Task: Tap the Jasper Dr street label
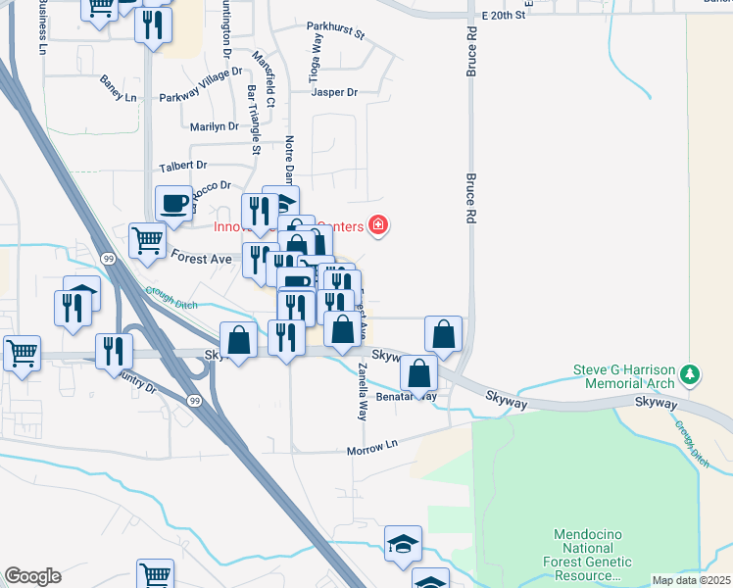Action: point(334,92)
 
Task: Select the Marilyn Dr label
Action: point(214,126)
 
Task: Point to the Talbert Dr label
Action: point(183,166)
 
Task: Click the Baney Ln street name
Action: point(118,89)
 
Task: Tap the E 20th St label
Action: point(505,17)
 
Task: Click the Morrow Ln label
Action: point(372,450)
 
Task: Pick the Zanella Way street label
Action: point(363,392)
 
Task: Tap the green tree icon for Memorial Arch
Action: point(691,373)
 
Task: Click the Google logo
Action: point(31,576)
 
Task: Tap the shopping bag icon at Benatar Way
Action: point(419,373)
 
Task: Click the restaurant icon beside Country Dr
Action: point(114,351)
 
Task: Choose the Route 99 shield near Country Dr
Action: point(195,401)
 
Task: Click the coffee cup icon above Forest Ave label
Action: point(174,204)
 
